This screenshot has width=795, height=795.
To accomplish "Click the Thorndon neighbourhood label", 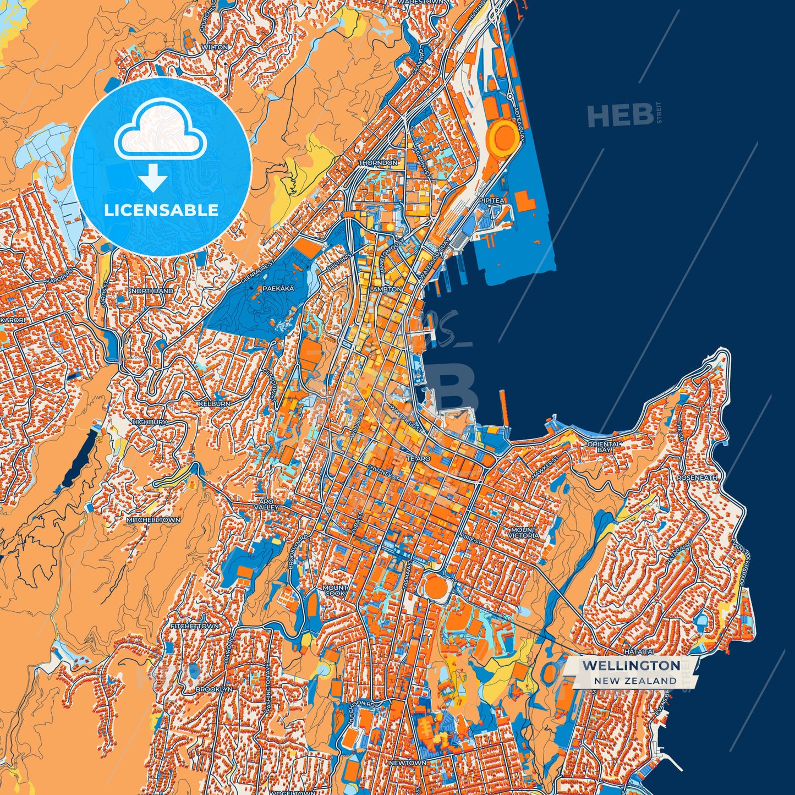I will click(377, 163).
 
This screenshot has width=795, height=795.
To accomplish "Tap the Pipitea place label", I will click(491, 201).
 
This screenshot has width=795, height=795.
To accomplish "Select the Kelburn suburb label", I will click(215, 404).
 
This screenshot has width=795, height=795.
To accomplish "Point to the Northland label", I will click(152, 290).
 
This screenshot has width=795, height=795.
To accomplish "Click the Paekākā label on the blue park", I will click(278, 288).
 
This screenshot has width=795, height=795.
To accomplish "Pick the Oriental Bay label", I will click(604, 447).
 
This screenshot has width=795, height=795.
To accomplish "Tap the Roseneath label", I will click(697, 478).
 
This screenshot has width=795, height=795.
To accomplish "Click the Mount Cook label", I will click(335, 591).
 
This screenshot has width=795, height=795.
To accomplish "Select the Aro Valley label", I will click(266, 505).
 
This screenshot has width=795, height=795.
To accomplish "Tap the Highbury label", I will click(150, 422).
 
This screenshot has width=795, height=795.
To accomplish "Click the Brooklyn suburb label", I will click(214, 689).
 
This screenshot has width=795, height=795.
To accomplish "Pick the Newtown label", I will click(407, 763).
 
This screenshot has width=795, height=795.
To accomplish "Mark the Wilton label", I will click(215, 47).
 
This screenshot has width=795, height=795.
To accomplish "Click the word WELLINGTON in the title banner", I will click(630, 665).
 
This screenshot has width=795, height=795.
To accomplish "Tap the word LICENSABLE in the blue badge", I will click(161, 210).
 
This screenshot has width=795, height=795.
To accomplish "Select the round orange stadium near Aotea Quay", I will click(503, 136).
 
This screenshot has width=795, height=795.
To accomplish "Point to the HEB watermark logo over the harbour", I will click(620, 116).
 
